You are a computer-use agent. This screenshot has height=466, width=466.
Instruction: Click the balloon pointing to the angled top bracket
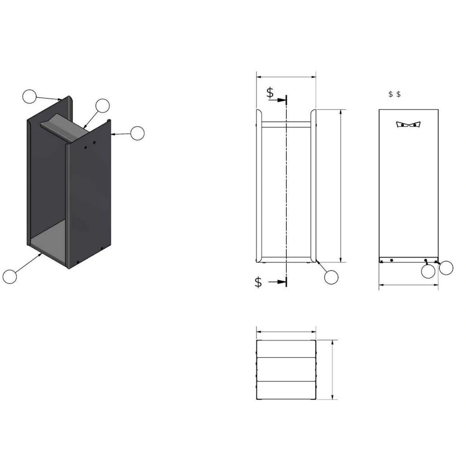(x=103, y=105)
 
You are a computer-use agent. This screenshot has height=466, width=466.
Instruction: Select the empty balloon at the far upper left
(x=29, y=96)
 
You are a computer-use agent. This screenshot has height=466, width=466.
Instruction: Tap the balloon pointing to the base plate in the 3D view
(x=10, y=276)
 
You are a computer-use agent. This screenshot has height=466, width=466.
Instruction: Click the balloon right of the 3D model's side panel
(x=137, y=133)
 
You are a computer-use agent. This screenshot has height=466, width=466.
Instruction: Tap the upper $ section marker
(x=270, y=93)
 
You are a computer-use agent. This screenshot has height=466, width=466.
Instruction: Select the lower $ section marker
(x=258, y=282)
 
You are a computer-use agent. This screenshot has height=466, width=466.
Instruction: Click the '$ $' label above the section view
(x=395, y=94)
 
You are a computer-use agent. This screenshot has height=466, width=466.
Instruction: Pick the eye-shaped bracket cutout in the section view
(x=408, y=124)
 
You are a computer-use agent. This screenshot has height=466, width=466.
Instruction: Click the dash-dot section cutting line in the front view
(x=286, y=190)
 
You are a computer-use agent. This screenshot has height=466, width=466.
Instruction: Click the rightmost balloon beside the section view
(x=446, y=268)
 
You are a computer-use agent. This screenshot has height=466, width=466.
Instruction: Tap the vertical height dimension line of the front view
(x=340, y=185)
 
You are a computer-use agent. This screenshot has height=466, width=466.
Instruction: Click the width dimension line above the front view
(x=286, y=77)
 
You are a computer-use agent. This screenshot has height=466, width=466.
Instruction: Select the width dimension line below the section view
(x=408, y=285)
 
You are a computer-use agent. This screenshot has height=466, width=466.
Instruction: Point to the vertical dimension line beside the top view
(x=333, y=370)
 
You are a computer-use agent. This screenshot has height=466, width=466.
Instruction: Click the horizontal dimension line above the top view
(x=286, y=331)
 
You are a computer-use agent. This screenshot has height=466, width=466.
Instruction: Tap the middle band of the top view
(x=286, y=370)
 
